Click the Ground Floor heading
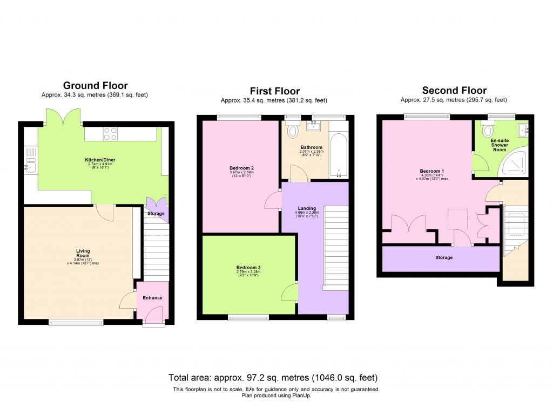(95, 85)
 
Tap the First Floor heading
(274, 91)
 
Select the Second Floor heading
(454, 90)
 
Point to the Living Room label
(83, 254)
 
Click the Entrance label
(152, 298)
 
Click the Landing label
(307, 208)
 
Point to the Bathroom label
(311, 147)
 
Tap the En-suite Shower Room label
(499, 145)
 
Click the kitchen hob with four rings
(110, 133)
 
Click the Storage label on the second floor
(444, 258)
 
